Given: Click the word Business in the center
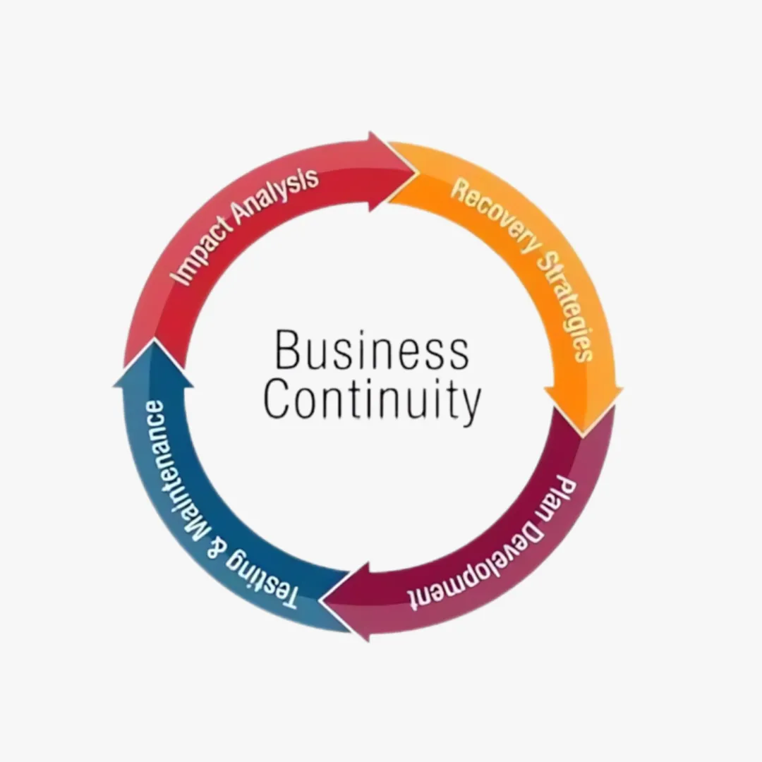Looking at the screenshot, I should [372, 351].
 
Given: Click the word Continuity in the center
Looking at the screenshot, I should [373, 400].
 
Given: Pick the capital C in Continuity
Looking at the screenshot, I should [277, 399].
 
